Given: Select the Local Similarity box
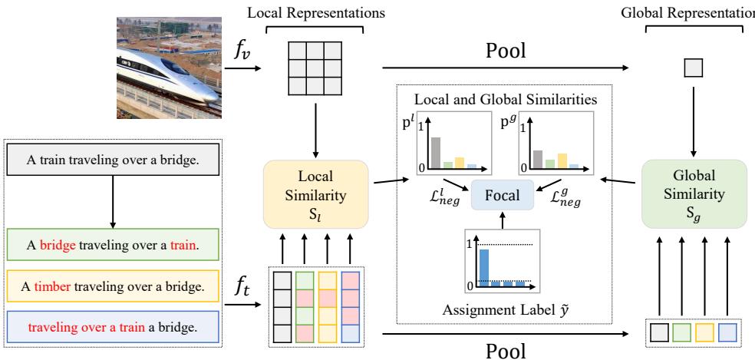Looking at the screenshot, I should (x=317, y=192).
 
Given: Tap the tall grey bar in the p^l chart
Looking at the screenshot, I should (x=434, y=152).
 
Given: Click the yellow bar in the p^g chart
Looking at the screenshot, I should (x=562, y=160).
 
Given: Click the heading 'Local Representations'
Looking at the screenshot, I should (x=317, y=12).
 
